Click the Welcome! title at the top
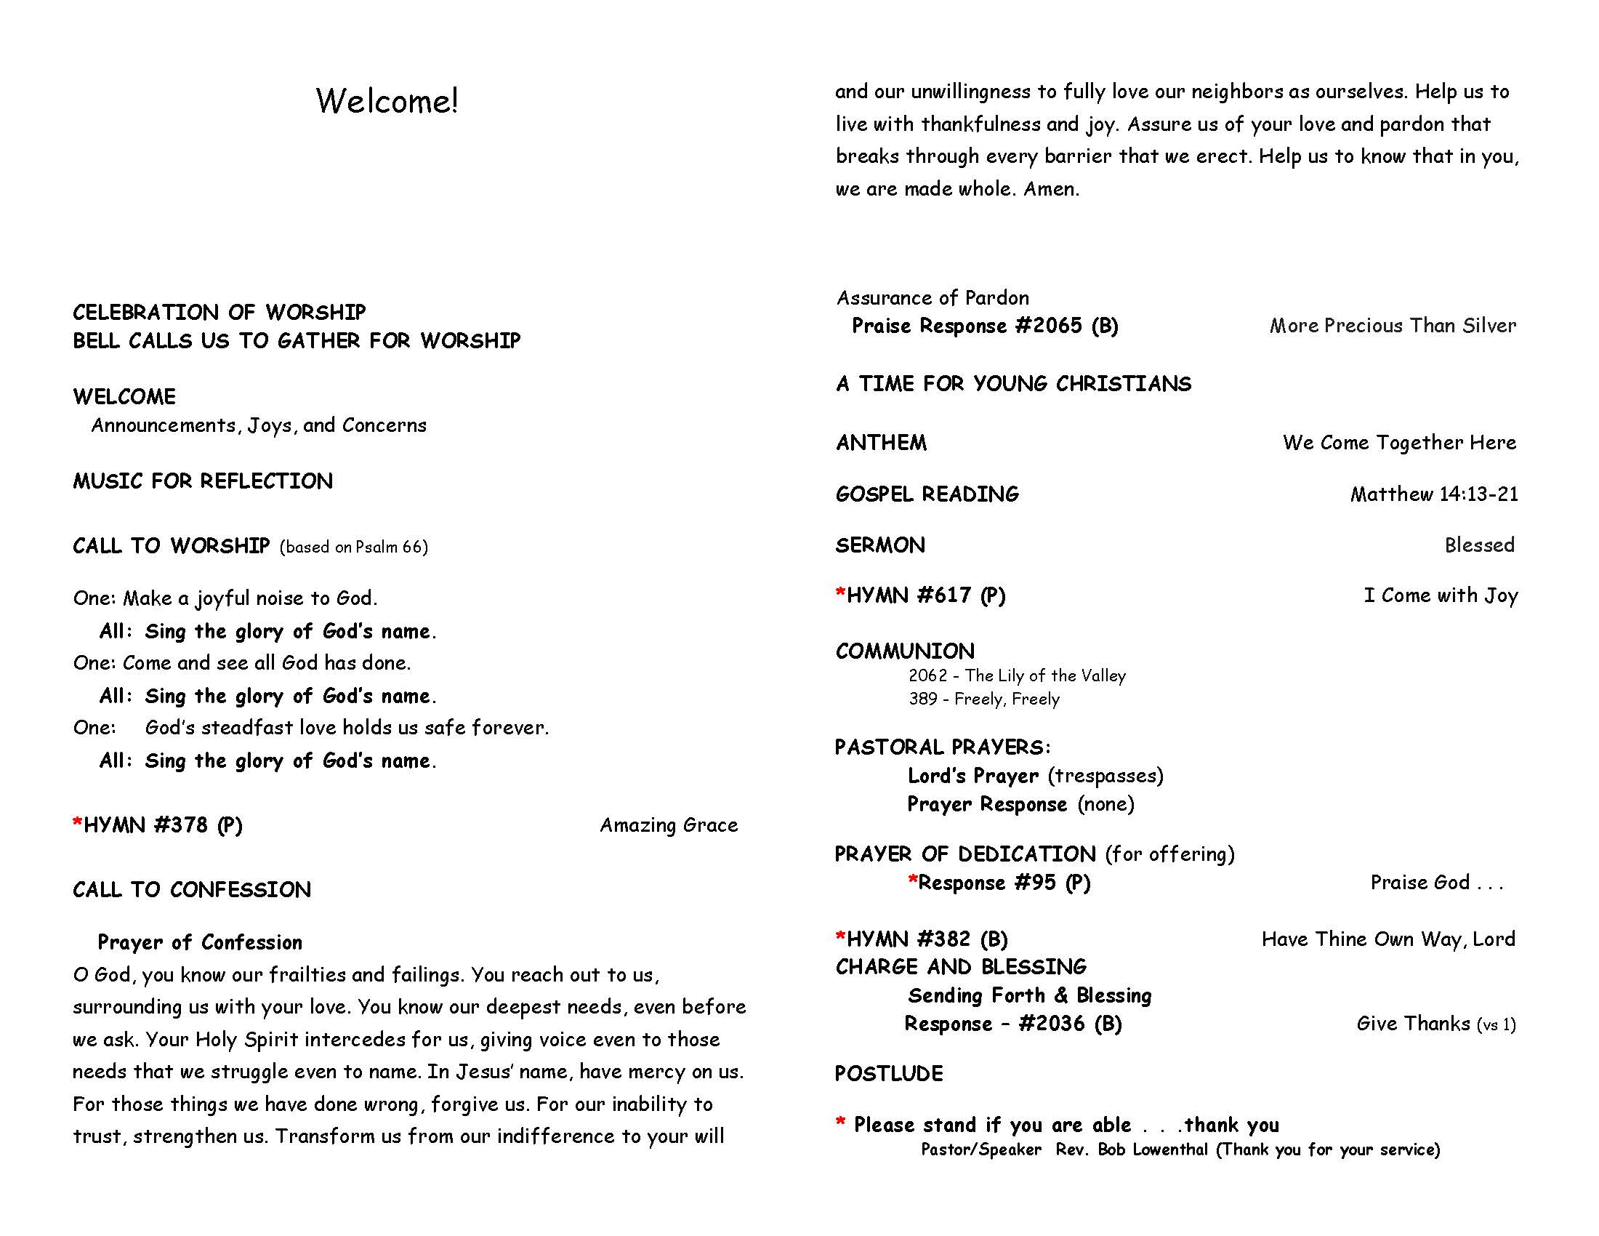(387, 101)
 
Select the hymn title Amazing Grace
(669, 825)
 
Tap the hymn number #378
(181, 825)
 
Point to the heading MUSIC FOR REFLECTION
(203, 481)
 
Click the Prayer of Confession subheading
(199, 942)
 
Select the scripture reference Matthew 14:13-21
(1433, 494)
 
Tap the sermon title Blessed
(1479, 545)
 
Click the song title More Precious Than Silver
(1393, 326)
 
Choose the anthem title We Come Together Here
(1399, 442)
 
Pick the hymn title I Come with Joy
(1440, 595)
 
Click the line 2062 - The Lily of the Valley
(1017, 675)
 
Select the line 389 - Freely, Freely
(984, 699)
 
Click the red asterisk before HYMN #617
(840, 593)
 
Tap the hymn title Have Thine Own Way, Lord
(1387, 939)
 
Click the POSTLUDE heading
(889, 1073)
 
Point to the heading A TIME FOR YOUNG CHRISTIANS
(1013, 384)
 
